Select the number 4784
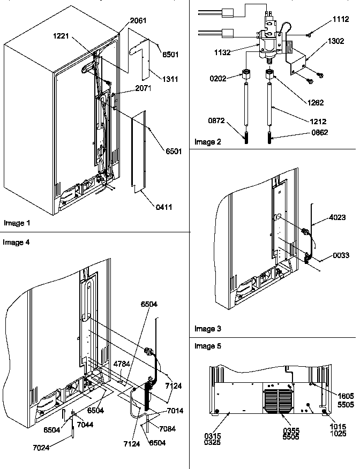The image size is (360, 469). pos(121,364)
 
